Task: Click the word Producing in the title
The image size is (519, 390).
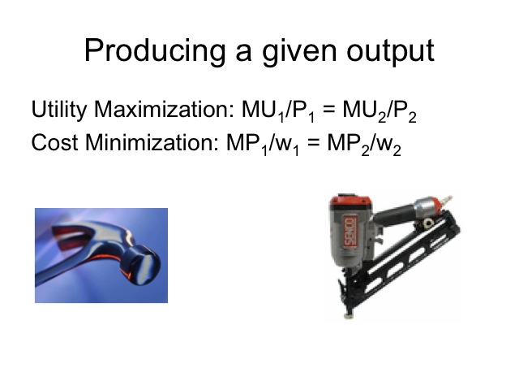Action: coord(155,50)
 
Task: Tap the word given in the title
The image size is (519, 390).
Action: coord(299,51)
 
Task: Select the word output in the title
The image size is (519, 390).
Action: coord(390,50)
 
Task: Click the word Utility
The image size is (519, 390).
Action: coord(59,110)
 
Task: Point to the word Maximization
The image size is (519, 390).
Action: coord(164,109)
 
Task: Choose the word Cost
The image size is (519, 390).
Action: coord(54,143)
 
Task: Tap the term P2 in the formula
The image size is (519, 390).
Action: coord(405,111)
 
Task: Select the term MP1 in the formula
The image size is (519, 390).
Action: coord(247,144)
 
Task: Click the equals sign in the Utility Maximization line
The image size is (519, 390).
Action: coord(328,110)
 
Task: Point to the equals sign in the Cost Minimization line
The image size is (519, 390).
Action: coord(313,143)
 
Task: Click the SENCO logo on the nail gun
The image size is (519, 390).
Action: coord(350,232)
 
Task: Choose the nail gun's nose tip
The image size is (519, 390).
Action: coord(348,314)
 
